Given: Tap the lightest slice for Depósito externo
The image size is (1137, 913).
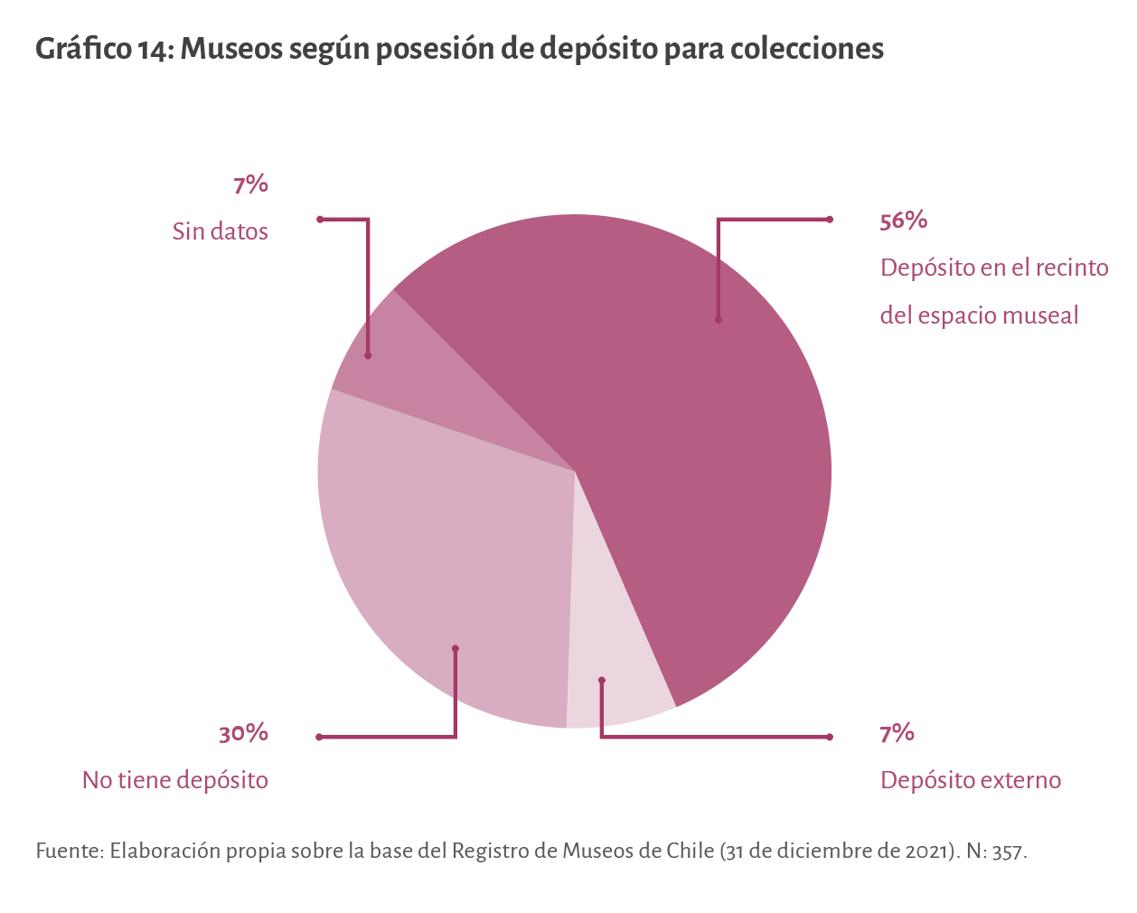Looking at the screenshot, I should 615,669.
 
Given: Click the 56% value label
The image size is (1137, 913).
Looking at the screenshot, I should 903,221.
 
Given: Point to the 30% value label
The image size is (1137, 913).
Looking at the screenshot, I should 243,733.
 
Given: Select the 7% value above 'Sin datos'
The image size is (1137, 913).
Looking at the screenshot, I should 250,184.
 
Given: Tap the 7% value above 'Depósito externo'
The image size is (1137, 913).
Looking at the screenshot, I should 897,733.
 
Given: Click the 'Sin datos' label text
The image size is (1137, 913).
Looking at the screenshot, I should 220,232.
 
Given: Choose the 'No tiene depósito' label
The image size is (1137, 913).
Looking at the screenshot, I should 175,780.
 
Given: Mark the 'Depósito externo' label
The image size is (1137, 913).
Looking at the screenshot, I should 970,780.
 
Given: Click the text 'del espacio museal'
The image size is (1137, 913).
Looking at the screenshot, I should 979,315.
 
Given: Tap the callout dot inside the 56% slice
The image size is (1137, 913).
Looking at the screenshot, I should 719,319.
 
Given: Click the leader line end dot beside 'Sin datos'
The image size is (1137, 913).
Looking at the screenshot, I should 320,219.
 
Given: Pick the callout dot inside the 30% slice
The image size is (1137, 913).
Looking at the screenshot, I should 456,648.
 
